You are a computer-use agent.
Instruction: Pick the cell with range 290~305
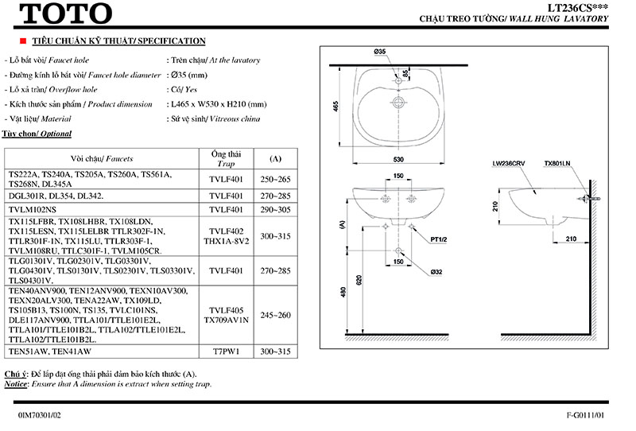click(x=275, y=209)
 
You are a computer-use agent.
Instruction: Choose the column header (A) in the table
click(x=275, y=158)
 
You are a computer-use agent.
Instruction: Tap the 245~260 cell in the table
click(x=275, y=315)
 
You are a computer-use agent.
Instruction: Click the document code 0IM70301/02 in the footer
click(x=39, y=415)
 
